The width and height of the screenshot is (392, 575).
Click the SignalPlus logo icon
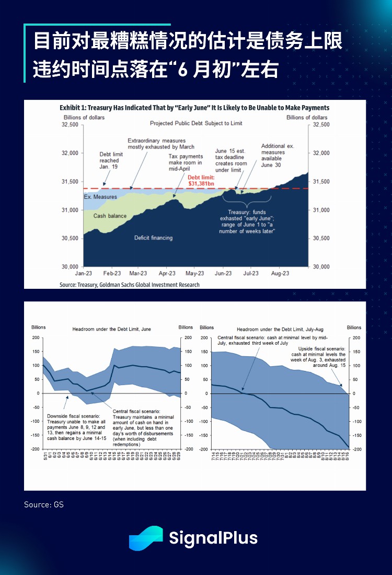coord(146,538)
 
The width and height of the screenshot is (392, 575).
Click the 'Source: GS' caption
coord(44,505)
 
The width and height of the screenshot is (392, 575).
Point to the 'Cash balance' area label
coord(110,216)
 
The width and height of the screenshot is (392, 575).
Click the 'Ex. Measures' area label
coord(100,197)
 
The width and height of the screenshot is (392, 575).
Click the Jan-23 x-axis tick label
coord(83,273)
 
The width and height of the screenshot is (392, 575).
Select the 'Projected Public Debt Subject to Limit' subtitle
coord(196,123)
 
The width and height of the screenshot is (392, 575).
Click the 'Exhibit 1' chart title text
coord(194,107)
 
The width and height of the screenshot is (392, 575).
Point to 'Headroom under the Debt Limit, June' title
coord(111,329)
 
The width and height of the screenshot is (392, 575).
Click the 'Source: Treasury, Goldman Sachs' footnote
coord(129,285)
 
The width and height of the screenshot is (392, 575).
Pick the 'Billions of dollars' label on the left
coord(84,117)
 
